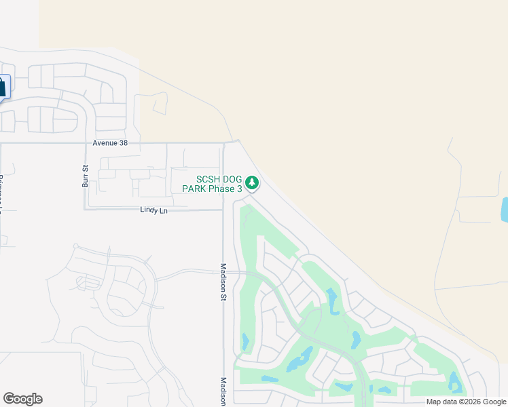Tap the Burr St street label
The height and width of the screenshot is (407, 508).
(86, 176)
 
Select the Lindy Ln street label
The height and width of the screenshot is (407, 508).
(153, 211)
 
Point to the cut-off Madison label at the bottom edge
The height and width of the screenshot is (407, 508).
(223, 391)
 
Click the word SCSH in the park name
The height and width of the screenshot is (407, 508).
(210, 179)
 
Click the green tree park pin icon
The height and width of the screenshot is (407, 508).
(252, 182)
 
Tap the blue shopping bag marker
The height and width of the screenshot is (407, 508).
(2, 87)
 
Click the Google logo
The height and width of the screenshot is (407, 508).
(22, 399)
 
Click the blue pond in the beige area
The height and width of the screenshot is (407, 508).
(504, 210)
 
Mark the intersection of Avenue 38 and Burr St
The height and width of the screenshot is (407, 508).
(85, 143)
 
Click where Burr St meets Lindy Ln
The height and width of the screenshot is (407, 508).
(85, 209)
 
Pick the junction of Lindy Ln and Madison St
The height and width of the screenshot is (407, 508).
(223, 210)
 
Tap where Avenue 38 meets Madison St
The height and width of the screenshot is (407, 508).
(223, 143)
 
